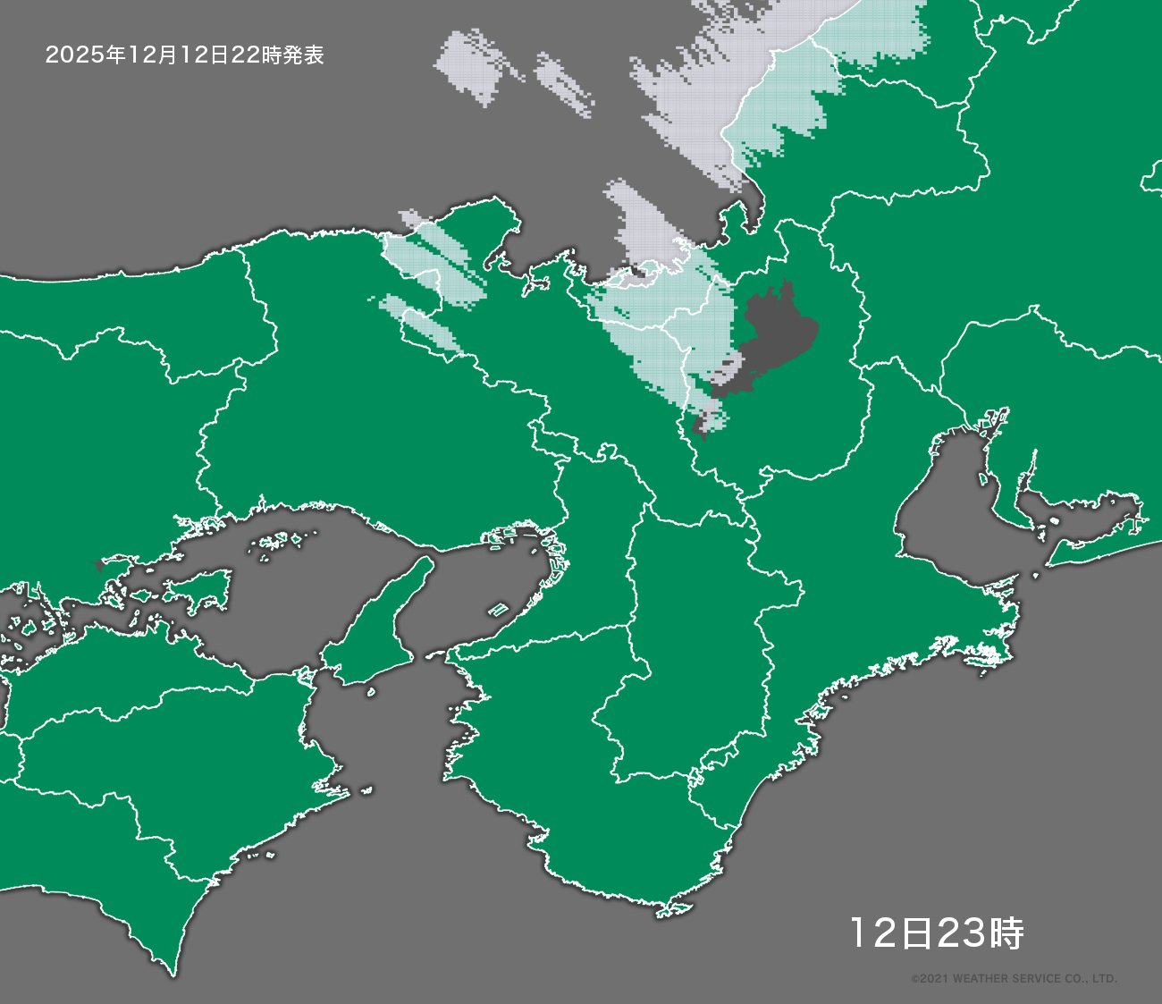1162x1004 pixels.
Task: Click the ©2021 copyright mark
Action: coord(929,979)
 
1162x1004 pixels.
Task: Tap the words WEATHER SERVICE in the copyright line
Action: coord(1002,979)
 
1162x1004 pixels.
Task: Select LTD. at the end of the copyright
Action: coord(1105,979)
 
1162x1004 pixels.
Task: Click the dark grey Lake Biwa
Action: coord(773,335)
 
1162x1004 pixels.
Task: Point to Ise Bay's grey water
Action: coord(947,501)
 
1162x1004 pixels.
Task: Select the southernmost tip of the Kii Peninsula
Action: coord(666,910)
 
